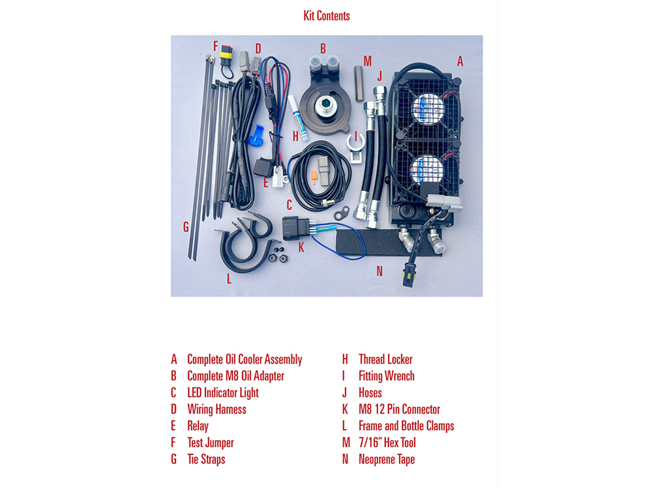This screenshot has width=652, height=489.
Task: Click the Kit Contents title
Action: click(327, 16)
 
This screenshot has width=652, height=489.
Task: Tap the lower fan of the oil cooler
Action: click(426, 170)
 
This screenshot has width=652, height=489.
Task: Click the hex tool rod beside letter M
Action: click(359, 83)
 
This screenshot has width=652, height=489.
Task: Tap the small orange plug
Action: click(314, 177)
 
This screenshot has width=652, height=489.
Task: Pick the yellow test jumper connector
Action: click(227, 55)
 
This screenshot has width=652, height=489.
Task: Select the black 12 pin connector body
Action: click(293, 228)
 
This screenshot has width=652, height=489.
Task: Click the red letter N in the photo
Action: click(379, 271)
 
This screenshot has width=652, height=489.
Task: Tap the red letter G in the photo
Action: click(186, 227)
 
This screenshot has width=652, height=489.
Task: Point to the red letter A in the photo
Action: click(460, 61)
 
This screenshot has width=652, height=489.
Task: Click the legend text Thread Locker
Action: click(385, 359)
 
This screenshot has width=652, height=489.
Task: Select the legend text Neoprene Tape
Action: click(387, 460)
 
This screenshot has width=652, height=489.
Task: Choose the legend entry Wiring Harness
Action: click(216, 409)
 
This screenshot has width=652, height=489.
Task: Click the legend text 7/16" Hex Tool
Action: click(387, 443)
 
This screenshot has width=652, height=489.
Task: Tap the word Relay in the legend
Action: click(198, 426)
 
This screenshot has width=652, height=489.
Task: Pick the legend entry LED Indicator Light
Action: click(223, 393)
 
